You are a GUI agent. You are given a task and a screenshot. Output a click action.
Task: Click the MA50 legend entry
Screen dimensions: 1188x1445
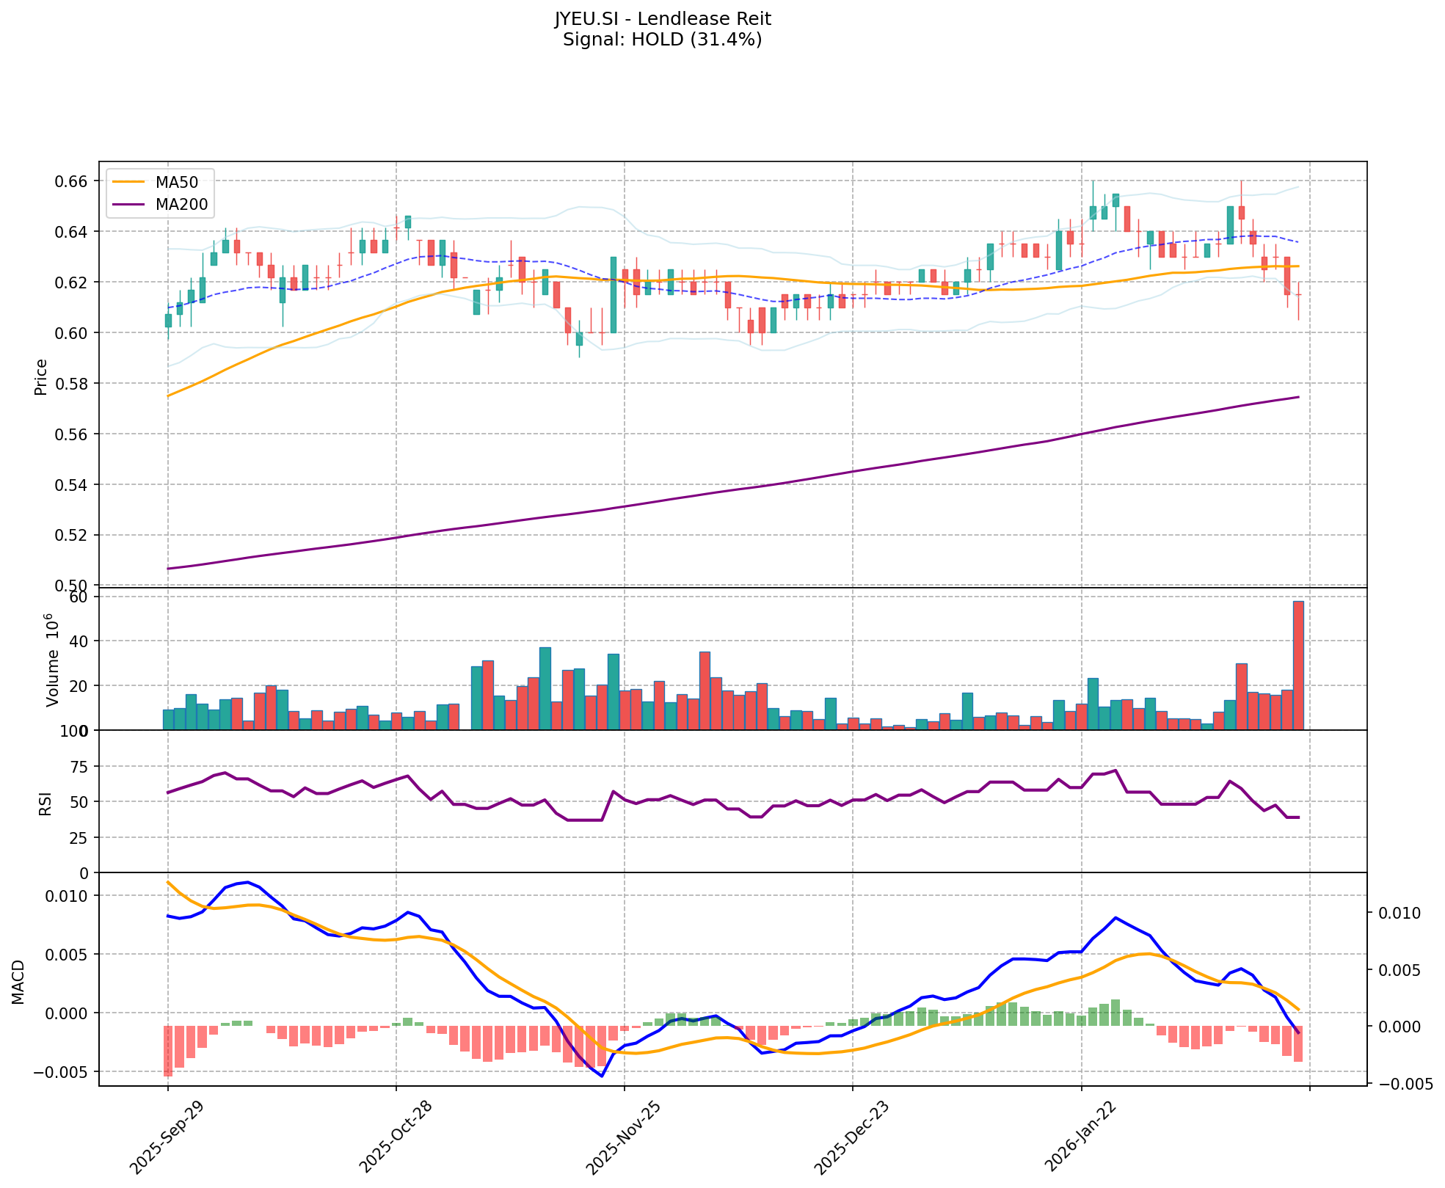point(175,181)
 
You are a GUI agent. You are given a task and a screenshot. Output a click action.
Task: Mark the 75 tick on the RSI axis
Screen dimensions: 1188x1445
point(78,767)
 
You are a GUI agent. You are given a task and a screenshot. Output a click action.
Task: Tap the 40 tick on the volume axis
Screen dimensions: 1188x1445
point(78,641)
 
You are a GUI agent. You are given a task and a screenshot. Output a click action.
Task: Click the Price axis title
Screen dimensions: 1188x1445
point(41,376)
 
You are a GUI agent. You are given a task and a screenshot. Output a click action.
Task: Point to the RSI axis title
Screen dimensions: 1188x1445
point(46,803)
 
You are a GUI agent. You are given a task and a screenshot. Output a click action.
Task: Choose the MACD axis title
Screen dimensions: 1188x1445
point(19,982)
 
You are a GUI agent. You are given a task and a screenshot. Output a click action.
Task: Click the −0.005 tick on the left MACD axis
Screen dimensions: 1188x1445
point(62,1072)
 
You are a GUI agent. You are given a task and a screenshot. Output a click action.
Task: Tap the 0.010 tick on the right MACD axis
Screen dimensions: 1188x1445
point(1400,914)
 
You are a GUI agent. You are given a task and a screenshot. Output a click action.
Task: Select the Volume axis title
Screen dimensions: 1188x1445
point(51,660)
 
